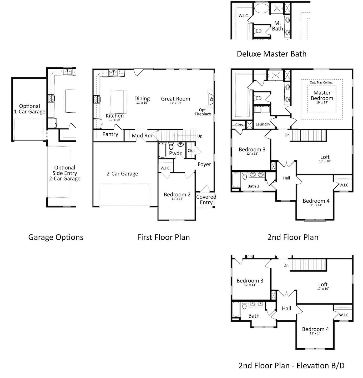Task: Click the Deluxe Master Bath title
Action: point(271,54)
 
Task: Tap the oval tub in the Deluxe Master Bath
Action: point(261,8)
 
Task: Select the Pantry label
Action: point(110,134)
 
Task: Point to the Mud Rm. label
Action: point(143,136)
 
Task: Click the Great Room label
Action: point(175,99)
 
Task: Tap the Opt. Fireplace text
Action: point(203,112)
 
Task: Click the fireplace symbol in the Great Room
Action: point(211,99)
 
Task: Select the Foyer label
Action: point(204,164)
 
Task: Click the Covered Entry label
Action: point(206,199)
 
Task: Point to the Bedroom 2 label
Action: point(177,195)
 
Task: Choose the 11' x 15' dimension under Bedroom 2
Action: point(177,199)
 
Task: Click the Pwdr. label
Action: point(176,153)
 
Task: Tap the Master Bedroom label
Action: point(322,96)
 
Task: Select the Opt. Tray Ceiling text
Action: point(321,82)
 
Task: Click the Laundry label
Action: point(263,124)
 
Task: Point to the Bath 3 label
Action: point(253,186)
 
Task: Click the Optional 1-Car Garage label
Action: point(29,109)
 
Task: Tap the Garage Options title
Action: point(56,237)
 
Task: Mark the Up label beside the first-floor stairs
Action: point(200,136)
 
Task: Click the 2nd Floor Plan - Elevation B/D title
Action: point(291,366)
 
